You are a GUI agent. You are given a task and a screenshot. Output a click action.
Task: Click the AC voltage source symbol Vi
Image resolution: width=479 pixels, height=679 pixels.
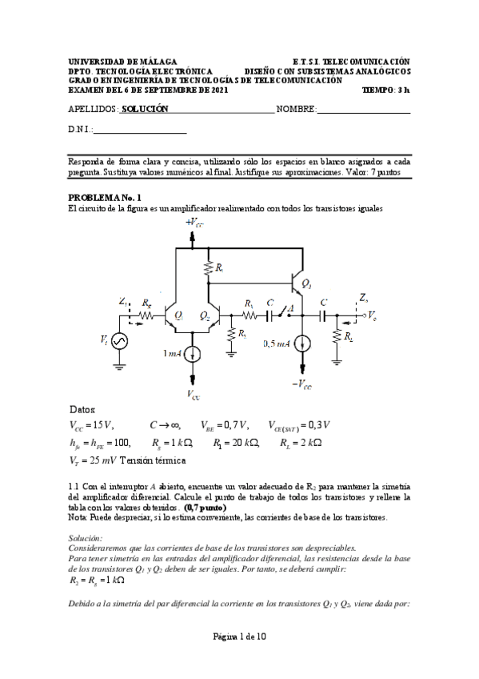pos(121,340)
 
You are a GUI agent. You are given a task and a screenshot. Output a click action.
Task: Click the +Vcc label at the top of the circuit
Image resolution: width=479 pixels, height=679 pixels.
pos(194,222)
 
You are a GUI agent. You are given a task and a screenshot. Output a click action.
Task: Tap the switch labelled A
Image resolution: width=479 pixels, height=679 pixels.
pos(291,310)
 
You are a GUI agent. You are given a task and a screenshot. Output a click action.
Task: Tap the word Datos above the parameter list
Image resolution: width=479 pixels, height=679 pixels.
pos(82,409)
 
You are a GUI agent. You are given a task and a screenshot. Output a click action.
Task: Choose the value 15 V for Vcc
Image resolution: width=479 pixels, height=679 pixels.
pos(105,425)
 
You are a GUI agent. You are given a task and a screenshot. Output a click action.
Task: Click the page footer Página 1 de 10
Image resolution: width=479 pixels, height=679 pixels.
pos(239,637)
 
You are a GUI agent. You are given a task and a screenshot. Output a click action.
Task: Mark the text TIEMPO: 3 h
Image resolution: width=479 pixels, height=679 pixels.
pos(386,90)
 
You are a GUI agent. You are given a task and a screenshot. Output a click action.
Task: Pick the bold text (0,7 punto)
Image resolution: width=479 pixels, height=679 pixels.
pos(206,508)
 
